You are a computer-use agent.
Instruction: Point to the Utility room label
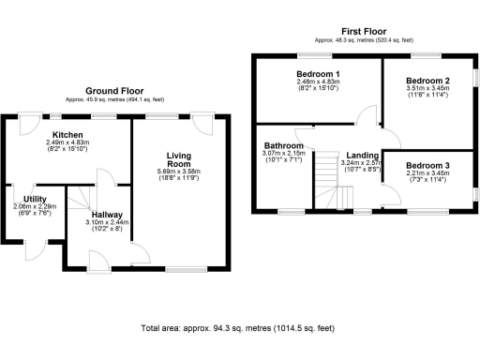click(36, 199)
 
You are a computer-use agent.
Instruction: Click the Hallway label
click(111, 215)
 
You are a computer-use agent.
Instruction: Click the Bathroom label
click(282, 146)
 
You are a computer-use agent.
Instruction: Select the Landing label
click(362, 155)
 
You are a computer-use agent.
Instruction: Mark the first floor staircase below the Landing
click(324, 195)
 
